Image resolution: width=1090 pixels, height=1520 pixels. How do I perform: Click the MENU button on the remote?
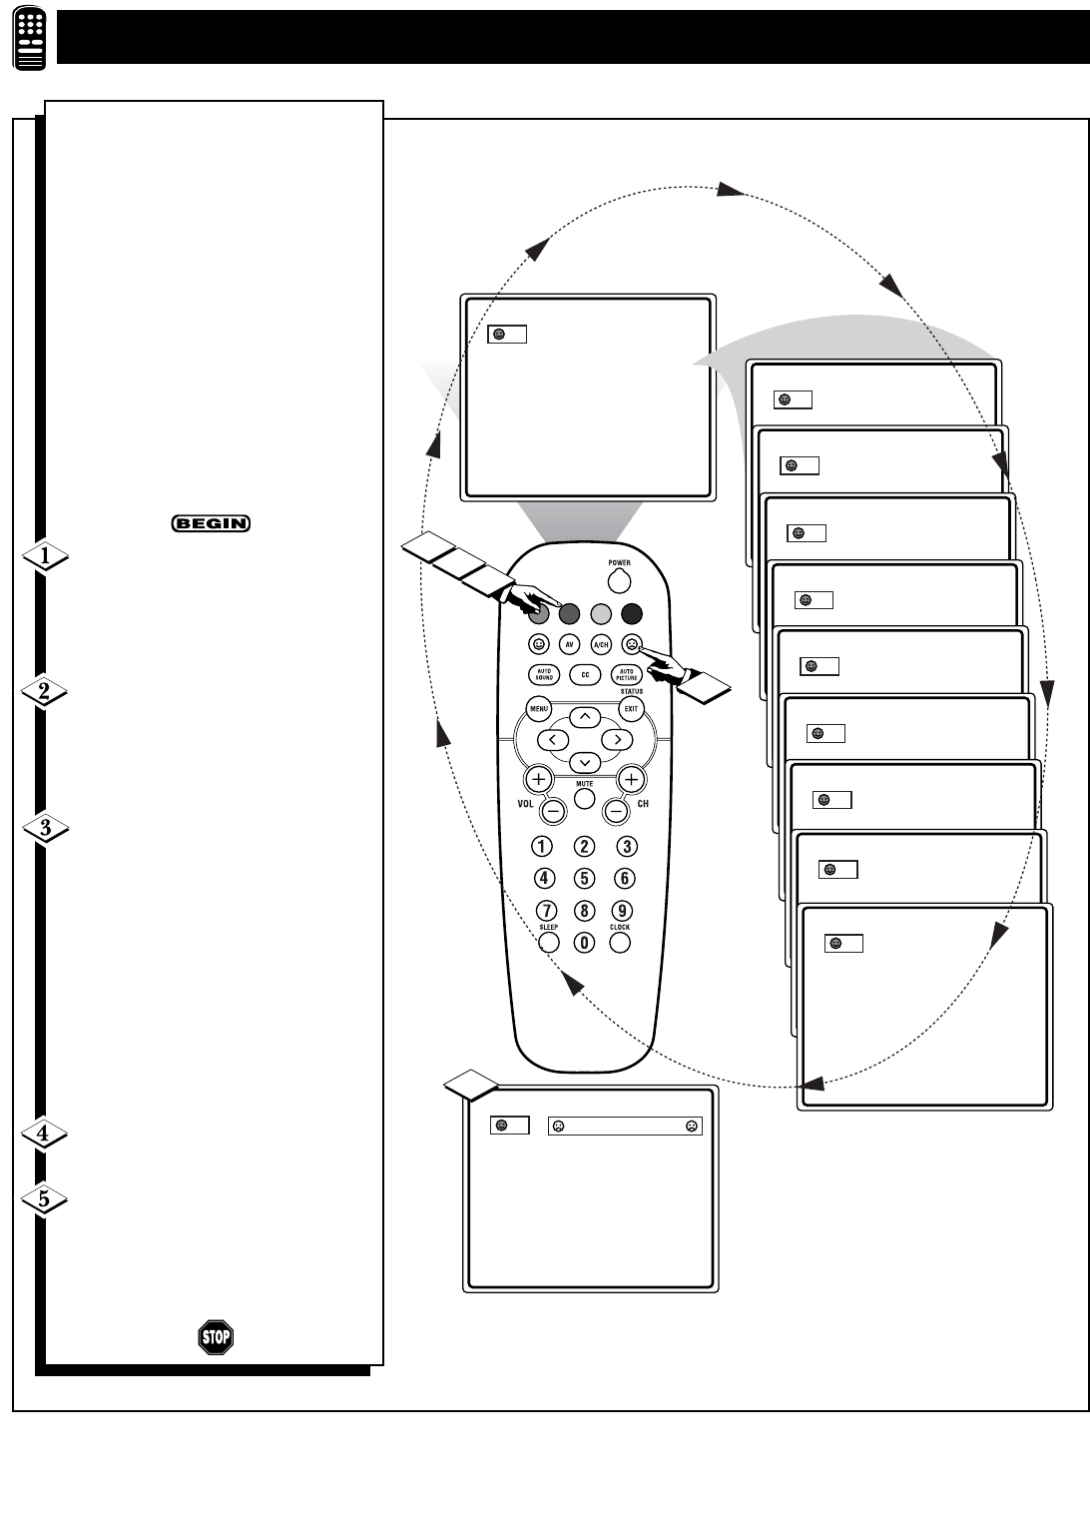pyautogui.click(x=539, y=709)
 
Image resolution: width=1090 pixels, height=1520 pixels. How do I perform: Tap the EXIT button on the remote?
pyautogui.click(x=631, y=709)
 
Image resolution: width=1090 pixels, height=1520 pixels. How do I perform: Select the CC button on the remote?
pyautogui.click(x=585, y=675)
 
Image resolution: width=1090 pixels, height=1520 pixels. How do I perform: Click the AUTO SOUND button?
pyautogui.click(x=544, y=675)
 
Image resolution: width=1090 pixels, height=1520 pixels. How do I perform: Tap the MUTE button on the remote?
pyautogui.click(x=585, y=799)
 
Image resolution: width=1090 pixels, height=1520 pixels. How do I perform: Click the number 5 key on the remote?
pyautogui.click(x=585, y=879)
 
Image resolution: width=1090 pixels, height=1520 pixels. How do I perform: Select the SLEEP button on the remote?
pyautogui.click(x=548, y=942)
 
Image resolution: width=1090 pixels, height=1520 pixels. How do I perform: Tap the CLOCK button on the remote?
pyautogui.click(x=620, y=942)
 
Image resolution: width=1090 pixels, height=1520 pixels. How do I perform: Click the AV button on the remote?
pyautogui.click(x=569, y=644)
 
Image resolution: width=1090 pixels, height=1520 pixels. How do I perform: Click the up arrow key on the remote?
pyautogui.click(x=585, y=716)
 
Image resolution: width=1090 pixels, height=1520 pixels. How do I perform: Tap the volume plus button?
pyautogui.click(x=539, y=778)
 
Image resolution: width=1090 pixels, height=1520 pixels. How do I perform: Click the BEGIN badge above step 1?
pyautogui.click(x=211, y=522)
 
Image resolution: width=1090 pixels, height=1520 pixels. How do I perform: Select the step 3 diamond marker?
pyautogui.click(x=44, y=827)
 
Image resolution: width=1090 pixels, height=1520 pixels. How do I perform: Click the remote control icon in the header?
pyautogui.click(x=31, y=39)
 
